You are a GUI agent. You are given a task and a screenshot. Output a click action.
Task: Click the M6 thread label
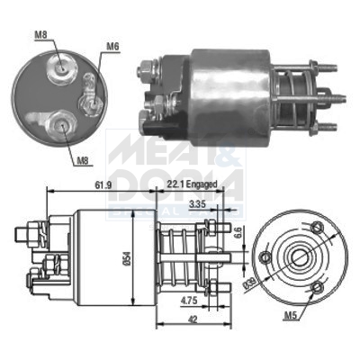(112, 45)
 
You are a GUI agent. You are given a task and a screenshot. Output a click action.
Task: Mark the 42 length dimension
(193, 319)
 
